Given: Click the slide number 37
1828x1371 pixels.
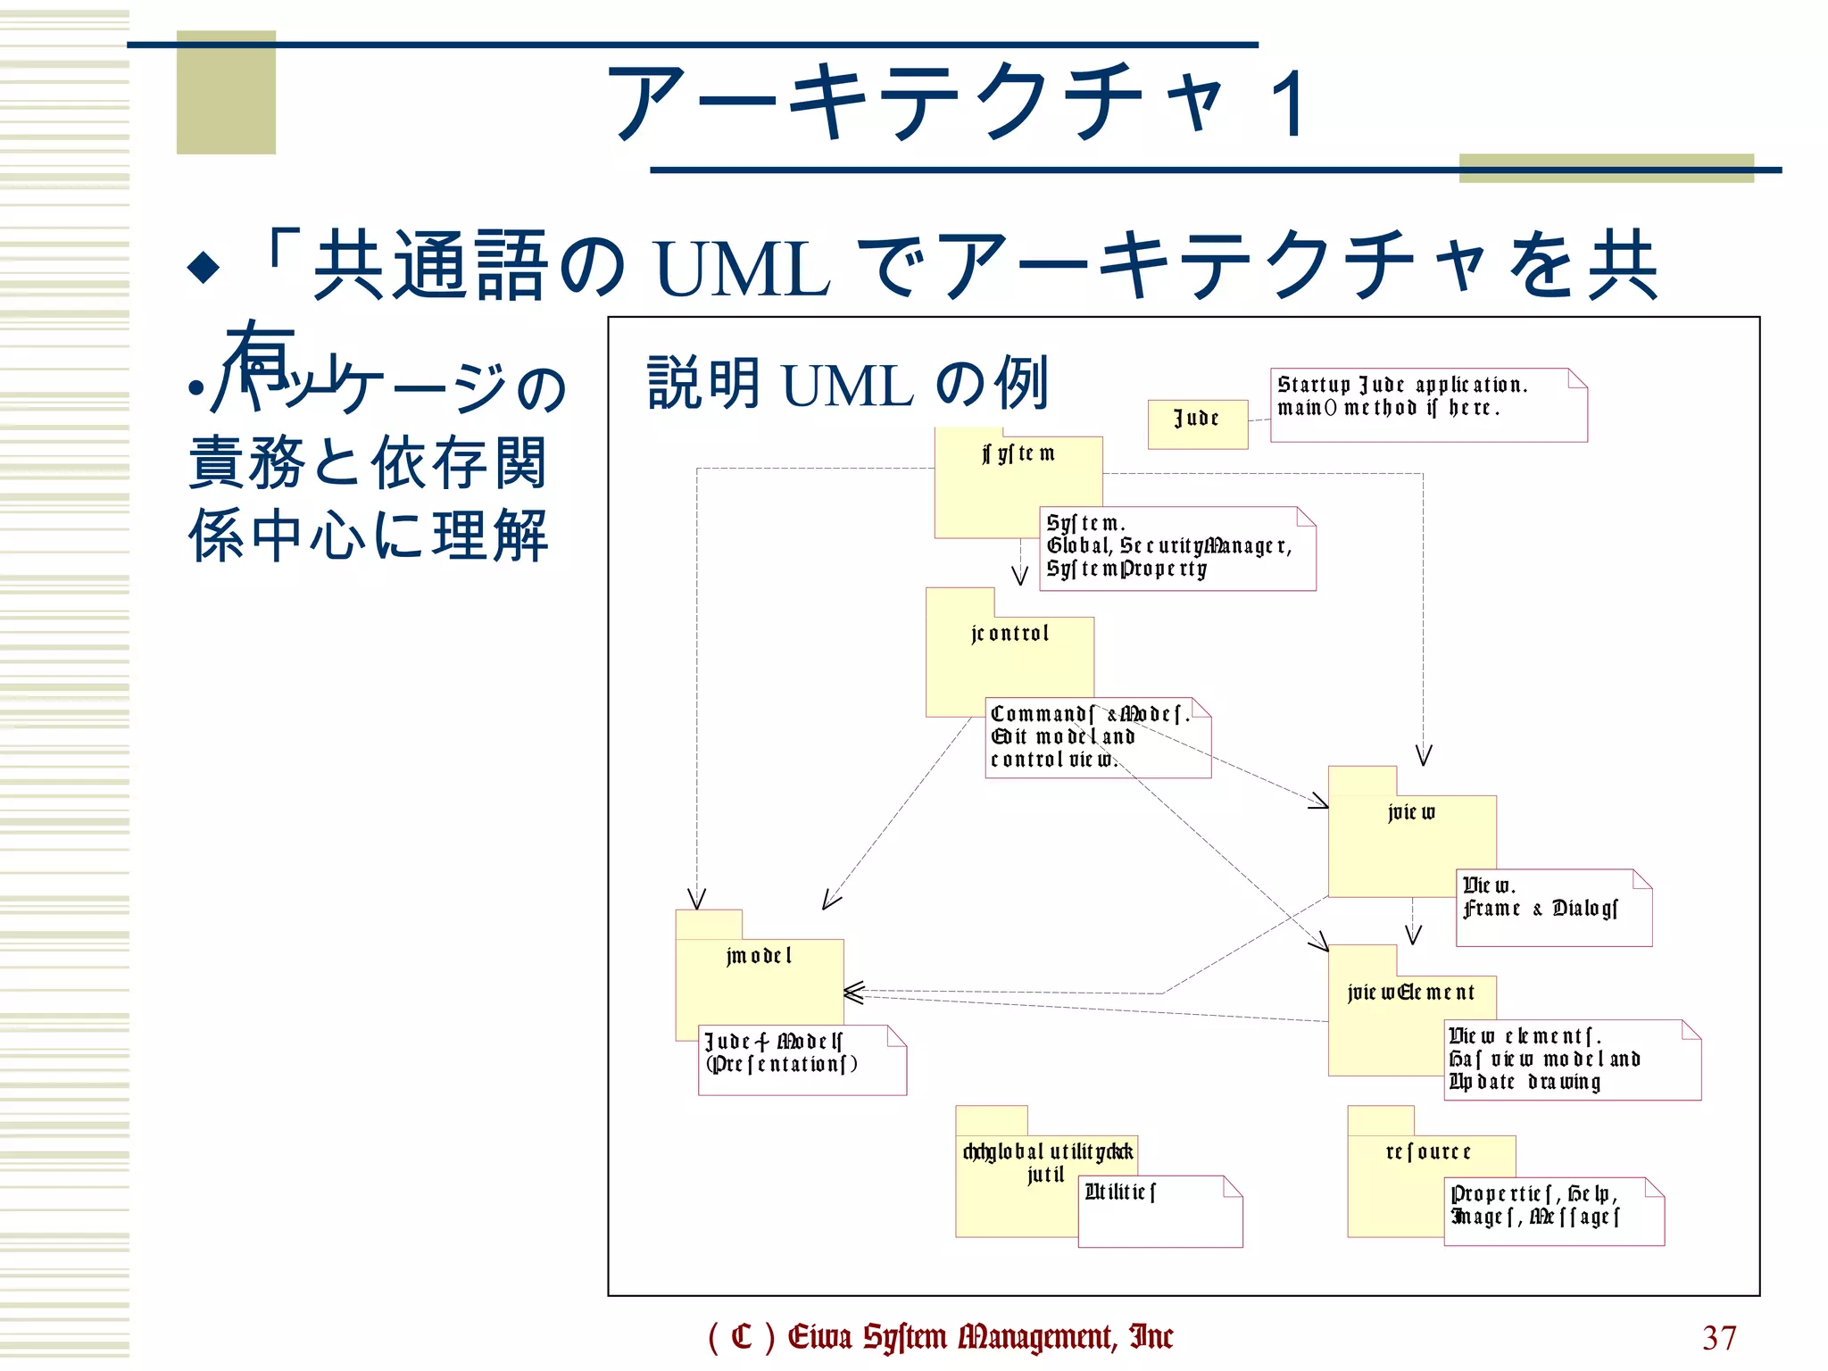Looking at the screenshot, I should [x=1718, y=1337].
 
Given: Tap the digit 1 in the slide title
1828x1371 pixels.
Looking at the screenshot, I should [x=1289, y=104].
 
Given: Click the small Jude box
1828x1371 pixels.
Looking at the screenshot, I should [x=1196, y=423].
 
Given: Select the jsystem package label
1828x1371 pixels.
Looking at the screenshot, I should [x=1018, y=454].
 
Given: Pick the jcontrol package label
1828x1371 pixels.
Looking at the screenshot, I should [x=1010, y=634].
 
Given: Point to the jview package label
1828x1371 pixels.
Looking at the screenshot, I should [x=1411, y=812].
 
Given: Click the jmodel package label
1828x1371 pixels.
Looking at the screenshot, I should [x=759, y=956].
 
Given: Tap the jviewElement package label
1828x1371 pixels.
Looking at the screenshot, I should [x=1410, y=993].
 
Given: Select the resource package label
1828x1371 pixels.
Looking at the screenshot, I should [x=1428, y=1152].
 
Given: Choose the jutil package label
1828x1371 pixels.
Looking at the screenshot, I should [x=1045, y=1175].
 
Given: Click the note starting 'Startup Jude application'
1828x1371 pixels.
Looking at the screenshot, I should [x=1427, y=405].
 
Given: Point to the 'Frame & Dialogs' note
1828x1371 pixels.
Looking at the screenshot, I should [x=1552, y=907].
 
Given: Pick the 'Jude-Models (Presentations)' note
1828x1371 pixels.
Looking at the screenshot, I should [x=801, y=1059].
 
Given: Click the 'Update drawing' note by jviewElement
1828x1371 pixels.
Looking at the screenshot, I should [x=1571, y=1059].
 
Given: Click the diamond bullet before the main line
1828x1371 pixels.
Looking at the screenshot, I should [x=204, y=267].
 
